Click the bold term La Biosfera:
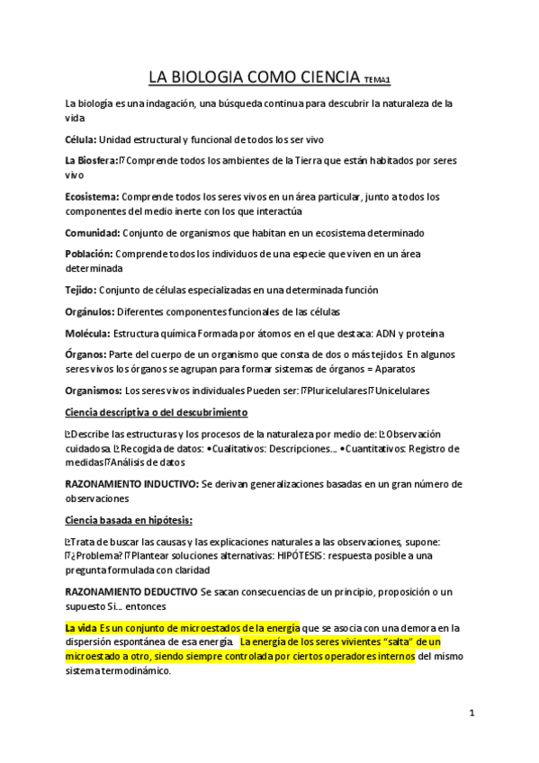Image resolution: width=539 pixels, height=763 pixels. pos(92,160)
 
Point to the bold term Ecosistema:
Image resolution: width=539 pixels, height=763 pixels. pos(92,196)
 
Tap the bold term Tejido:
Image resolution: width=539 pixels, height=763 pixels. pos(81,290)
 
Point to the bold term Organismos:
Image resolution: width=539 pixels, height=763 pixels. pos(94,390)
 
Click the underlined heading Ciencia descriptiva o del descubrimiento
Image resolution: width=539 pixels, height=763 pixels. pos(156,412)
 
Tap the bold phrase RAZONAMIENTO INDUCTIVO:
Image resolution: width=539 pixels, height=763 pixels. pos(131,484)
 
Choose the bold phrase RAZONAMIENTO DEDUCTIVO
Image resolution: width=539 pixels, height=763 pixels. pos(130,591)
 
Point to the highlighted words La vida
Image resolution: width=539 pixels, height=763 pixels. pos(81,627)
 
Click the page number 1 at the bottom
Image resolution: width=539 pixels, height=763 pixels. pos(472,714)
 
